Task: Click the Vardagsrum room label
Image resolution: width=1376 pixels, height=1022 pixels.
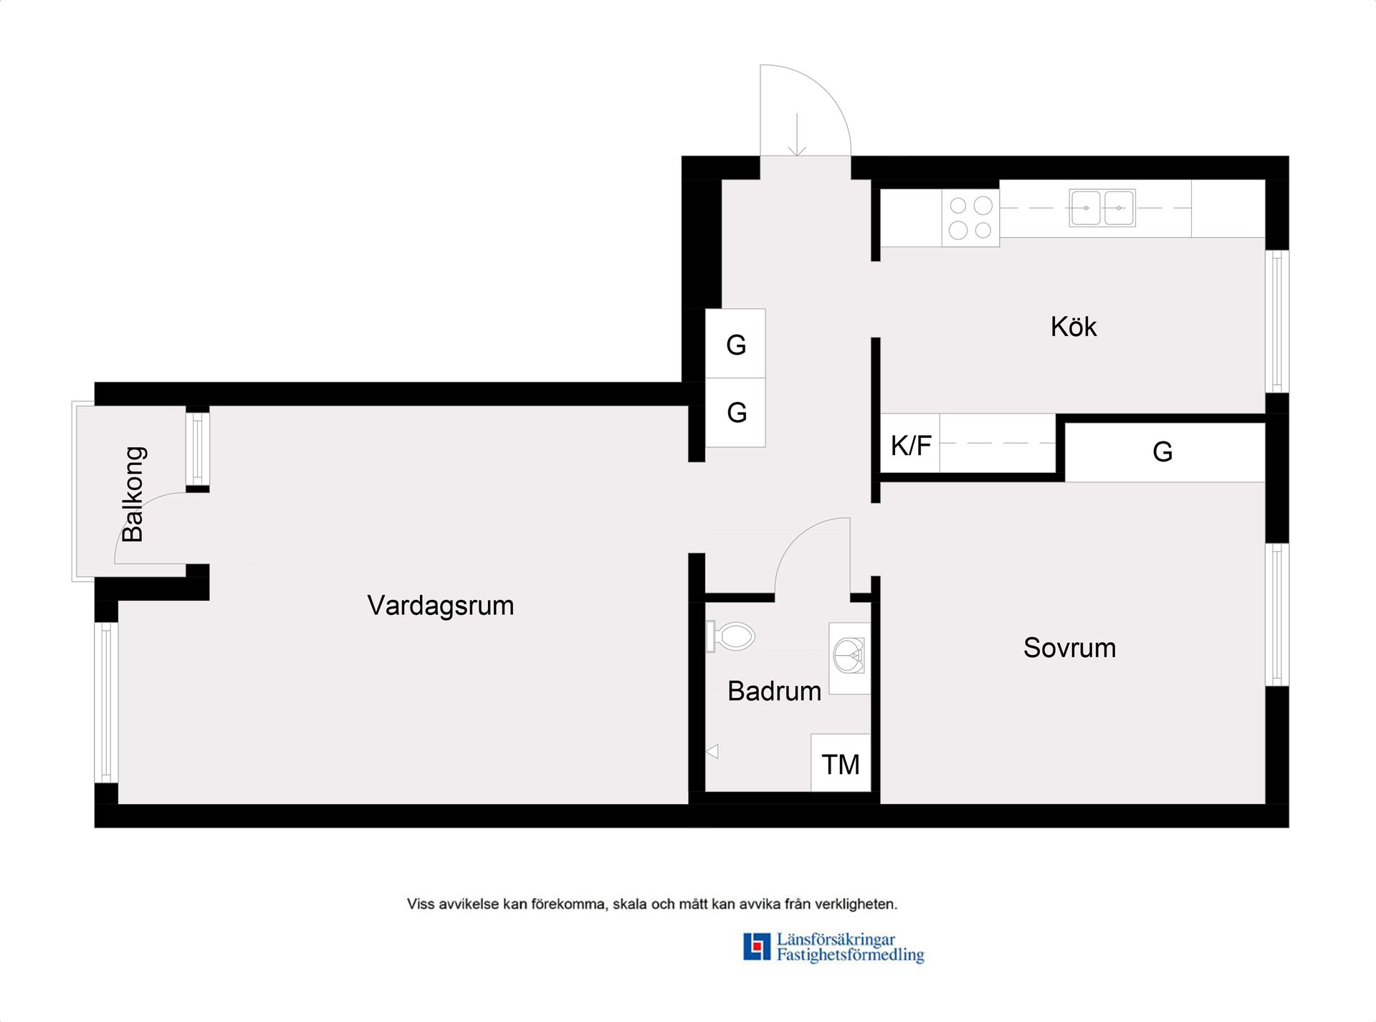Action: coord(440,606)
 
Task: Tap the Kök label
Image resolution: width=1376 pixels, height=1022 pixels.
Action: coord(1073,327)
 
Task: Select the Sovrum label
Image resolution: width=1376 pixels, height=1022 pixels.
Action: coord(1069,648)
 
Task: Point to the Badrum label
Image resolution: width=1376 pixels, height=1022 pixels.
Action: coord(774,692)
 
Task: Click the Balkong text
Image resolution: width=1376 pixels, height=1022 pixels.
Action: coord(134,494)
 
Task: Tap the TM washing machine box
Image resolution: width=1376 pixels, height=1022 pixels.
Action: coord(841,764)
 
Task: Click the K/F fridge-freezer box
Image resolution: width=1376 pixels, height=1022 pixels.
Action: coord(910,445)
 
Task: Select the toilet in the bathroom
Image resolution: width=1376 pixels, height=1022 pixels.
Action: coord(732,636)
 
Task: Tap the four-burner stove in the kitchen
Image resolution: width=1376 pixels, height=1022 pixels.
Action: coord(970,218)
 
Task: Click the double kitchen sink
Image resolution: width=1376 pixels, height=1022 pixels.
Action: coord(1102,208)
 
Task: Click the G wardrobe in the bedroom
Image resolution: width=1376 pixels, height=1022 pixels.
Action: coord(1163,452)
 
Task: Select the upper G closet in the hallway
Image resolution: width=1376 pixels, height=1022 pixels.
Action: coord(736,345)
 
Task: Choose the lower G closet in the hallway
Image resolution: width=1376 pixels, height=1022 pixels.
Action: coord(736,413)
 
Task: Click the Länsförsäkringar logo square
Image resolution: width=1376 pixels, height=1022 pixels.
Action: coord(756,947)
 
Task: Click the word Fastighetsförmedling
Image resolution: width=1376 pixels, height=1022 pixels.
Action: coord(850,955)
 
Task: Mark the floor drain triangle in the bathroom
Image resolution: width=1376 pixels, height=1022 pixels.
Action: coord(712,752)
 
